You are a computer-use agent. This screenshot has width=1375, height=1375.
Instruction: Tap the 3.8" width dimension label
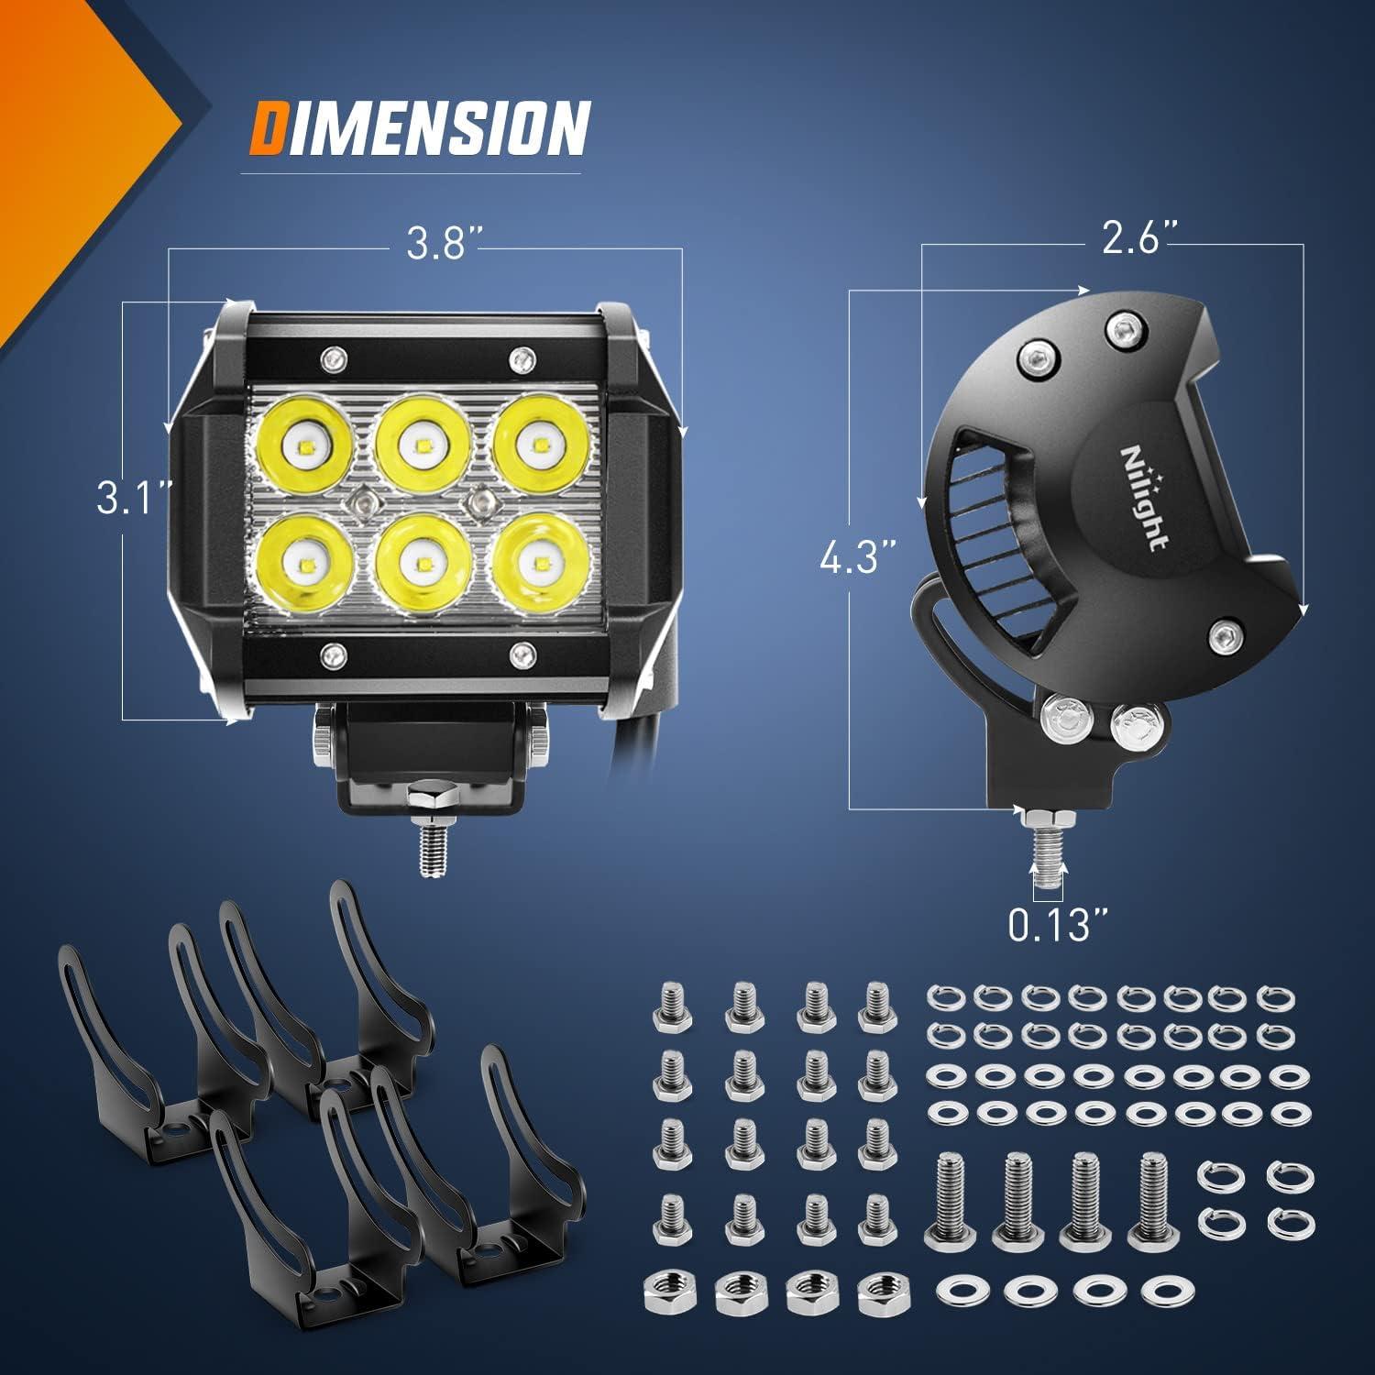click(x=437, y=246)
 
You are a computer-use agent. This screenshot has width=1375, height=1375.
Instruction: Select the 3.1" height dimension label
click(x=135, y=500)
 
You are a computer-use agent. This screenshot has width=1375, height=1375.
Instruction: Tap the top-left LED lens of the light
click(x=302, y=447)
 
